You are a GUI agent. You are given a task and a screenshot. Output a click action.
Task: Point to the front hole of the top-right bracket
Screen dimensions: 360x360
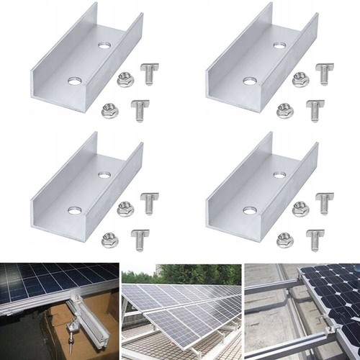[x=249, y=81]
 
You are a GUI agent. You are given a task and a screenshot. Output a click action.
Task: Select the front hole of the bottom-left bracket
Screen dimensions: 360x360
[x=73, y=211]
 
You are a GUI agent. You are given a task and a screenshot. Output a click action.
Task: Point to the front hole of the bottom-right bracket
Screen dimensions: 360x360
[x=249, y=211]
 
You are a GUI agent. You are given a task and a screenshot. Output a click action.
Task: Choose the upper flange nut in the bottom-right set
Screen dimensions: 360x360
[x=298, y=209]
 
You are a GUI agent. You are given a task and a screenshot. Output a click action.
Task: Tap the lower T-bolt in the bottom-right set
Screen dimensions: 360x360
[x=315, y=238]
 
